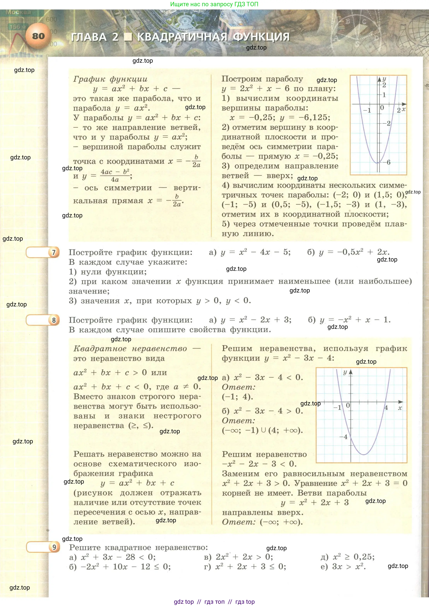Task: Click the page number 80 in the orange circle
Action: [38, 36]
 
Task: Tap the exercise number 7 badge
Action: [54, 252]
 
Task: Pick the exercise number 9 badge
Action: [54, 547]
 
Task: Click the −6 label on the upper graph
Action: [387, 162]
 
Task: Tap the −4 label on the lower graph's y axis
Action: [344, 437]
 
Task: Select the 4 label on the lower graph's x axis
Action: [386, 408]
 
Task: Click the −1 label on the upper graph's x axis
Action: [367, 110]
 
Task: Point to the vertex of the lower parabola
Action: [364, 454]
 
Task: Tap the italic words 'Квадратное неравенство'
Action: [130, 348]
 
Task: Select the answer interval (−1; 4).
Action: [237, 397]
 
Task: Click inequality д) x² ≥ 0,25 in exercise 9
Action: [347, 557]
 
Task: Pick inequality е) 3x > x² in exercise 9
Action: [343, 567]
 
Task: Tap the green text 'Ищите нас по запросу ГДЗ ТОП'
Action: [214, 4]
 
